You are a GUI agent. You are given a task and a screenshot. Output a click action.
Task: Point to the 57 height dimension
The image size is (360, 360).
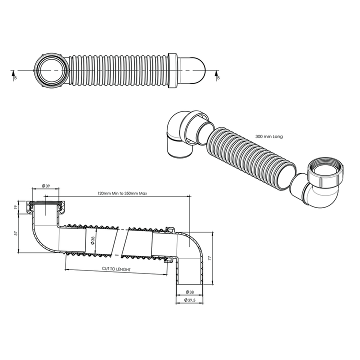click(15, 233)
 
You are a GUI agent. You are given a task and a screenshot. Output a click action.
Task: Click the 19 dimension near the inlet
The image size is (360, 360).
click(15, 206)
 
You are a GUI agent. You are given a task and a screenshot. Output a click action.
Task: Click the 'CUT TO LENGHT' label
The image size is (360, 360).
click(116, 269)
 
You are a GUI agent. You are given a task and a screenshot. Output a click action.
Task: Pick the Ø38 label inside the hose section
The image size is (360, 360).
click(92, 241)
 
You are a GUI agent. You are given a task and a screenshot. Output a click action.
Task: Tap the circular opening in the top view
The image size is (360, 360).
click(50, 70)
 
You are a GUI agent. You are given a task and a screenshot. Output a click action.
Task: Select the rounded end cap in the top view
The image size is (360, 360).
click(192, 70)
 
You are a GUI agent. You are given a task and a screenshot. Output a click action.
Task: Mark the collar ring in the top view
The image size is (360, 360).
click(173, 70)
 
